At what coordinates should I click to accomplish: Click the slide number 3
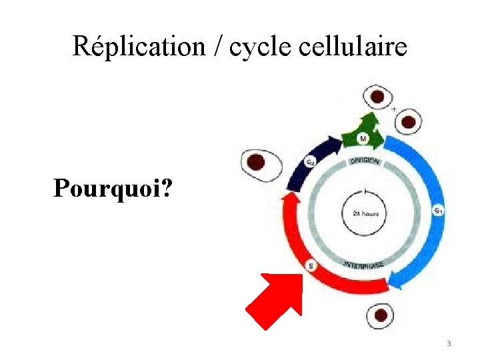pyautogui.click(x=449, y=343)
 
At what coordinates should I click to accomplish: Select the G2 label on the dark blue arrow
pyautogui.click(x=310, y=161)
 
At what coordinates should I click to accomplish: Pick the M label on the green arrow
pyautogui.click(x=363, y=138)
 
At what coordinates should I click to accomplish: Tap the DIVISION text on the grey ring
pyautogui.click(x=364, y=161)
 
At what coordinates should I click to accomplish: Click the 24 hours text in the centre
pyautogui.click(x=364, y=214)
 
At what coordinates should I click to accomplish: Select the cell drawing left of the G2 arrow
pyautogui.click(x=257, y=163)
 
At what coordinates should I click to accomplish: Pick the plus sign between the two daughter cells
pyautogui.click(x=394, y=108)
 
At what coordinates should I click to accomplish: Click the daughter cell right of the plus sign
pyautogui.click(x=407, y=122)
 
